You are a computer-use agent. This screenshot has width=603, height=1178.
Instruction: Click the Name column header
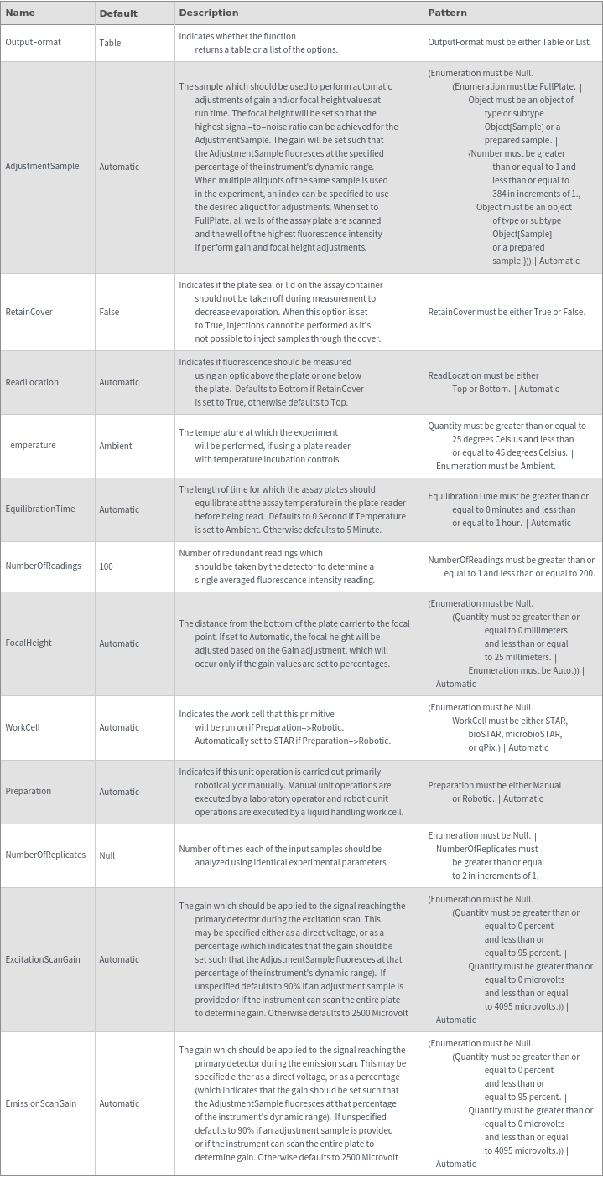click(20, 13)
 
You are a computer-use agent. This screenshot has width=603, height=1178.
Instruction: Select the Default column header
click(117, 13)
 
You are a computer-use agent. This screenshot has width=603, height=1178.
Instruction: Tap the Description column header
click(209, 13)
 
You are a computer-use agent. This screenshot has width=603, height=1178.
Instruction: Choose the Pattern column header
click(448, 13)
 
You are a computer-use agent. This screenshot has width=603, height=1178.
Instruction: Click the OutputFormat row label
click(34, 43)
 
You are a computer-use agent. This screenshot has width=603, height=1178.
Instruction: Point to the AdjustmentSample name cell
click(42, 167)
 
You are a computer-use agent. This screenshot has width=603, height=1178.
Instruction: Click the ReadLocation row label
click(32, 382)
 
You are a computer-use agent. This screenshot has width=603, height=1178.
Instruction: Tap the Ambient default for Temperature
click(116, 446)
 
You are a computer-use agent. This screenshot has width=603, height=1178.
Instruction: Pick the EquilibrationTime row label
click(40, 509)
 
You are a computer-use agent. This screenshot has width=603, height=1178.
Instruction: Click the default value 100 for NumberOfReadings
click(107, 566)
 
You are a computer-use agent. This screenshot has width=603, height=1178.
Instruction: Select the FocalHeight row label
click(29, 643)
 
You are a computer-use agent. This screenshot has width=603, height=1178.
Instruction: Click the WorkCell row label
click(23, 727)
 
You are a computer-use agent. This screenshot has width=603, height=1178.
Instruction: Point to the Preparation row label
click(29, 792)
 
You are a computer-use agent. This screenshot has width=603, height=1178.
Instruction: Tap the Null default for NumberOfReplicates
click(107, 855)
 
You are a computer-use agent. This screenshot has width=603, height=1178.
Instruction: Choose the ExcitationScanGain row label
click(43, 959)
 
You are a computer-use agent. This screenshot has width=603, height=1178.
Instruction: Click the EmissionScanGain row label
click(41, 1103)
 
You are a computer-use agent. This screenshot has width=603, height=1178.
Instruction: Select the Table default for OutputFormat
click(110, 43)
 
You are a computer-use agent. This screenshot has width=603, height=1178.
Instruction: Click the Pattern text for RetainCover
click(507, 312)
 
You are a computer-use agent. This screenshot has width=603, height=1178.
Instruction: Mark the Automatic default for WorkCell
click(119, 727)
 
